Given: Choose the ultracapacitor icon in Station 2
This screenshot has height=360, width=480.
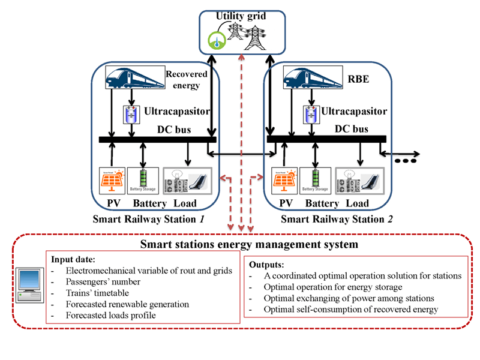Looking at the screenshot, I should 310,115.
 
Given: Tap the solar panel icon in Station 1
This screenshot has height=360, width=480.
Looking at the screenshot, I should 112,179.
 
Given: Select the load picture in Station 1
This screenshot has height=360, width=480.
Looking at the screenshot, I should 187,180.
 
